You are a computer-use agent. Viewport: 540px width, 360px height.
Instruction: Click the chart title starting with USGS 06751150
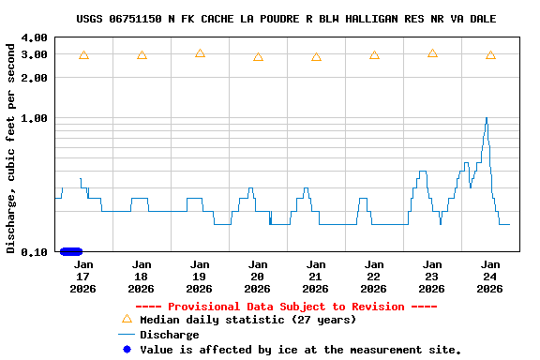tap(286, 19)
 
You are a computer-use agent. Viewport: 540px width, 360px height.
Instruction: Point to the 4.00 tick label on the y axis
tap(33, 37)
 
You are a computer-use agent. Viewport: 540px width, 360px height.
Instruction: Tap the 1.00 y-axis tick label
tap(33, 118)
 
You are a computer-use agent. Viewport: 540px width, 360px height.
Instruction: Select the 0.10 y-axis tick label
tap(33, 251)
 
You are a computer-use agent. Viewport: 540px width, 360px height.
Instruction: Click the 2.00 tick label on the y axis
tap(33, 78)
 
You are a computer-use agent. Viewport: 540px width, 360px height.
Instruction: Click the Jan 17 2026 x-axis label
tap(83, 277)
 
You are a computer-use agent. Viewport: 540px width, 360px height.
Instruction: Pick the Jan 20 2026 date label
tap(258, 277)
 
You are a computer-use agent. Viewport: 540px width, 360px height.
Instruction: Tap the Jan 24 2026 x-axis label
tap(490, 277)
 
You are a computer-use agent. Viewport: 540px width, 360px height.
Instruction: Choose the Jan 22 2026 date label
tap(374, 277)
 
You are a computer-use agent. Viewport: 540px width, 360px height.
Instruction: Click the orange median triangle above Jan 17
tap(83, 55)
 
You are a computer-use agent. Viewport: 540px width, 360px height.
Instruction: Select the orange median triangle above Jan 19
tap(200, 53)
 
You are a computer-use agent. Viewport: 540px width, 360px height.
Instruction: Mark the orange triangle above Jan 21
tap(316, 57)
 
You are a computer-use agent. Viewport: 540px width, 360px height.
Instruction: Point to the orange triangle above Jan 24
tap(490, 55)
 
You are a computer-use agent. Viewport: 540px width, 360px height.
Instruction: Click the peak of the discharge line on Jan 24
tap(486, 118)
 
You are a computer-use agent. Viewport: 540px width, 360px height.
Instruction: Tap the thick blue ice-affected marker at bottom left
tap(71, 251)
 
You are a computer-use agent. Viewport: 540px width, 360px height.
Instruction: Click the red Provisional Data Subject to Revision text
tap(286, 307)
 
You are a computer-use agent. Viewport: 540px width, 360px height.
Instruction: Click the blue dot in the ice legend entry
tap(127, 350)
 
